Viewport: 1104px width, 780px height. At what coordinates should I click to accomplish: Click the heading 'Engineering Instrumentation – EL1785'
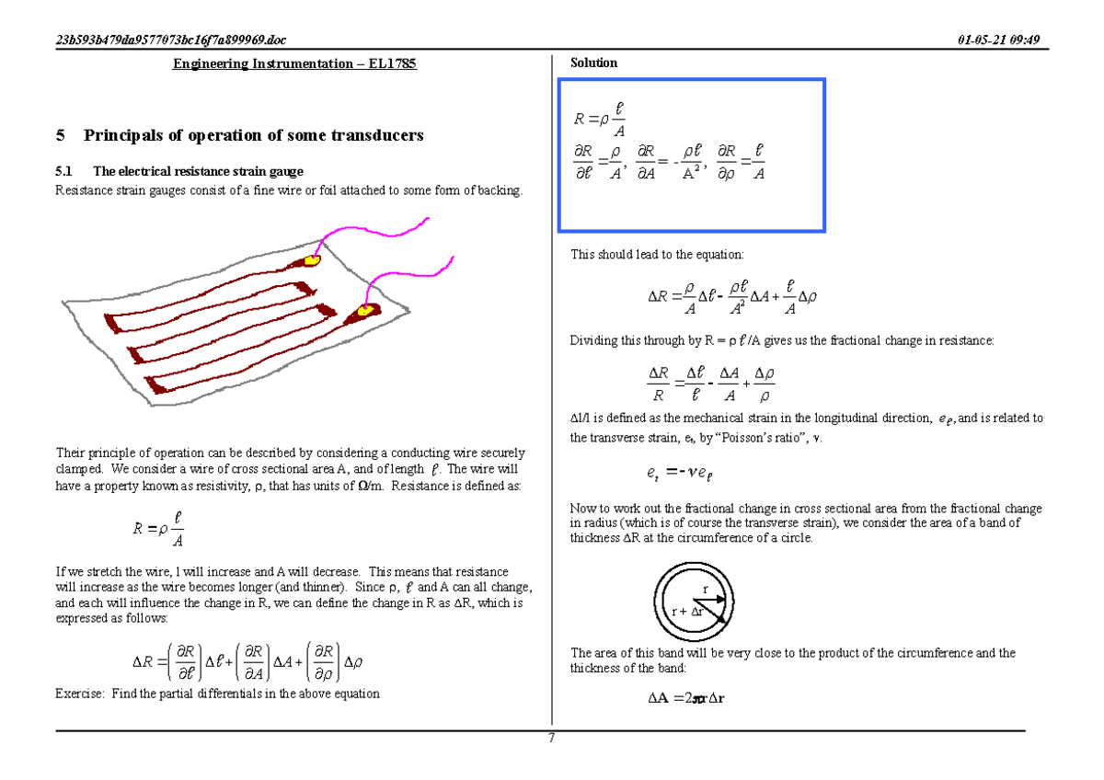click(x=295, y=63)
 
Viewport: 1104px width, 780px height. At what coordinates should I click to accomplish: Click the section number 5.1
click(x=63, y=171)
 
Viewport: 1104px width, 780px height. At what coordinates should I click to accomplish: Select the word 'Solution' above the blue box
click(x=593, y=63)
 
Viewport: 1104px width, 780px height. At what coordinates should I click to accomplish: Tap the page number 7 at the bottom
click(x=551, y=737)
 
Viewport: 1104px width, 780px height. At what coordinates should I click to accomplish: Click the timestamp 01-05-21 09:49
click(x=998, y=39)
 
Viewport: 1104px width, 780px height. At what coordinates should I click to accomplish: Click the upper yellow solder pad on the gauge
click(x=313, y=261)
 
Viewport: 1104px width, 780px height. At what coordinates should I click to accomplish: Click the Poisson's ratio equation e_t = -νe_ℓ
click(x=680, y=473)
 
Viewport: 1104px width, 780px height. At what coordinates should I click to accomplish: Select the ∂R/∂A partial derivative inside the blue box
click(x=645, y=163)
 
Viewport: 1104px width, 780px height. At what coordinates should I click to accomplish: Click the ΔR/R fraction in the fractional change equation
click(x=658, y=384)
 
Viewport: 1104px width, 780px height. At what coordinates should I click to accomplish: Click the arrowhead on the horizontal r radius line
click(x=723, y=600)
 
